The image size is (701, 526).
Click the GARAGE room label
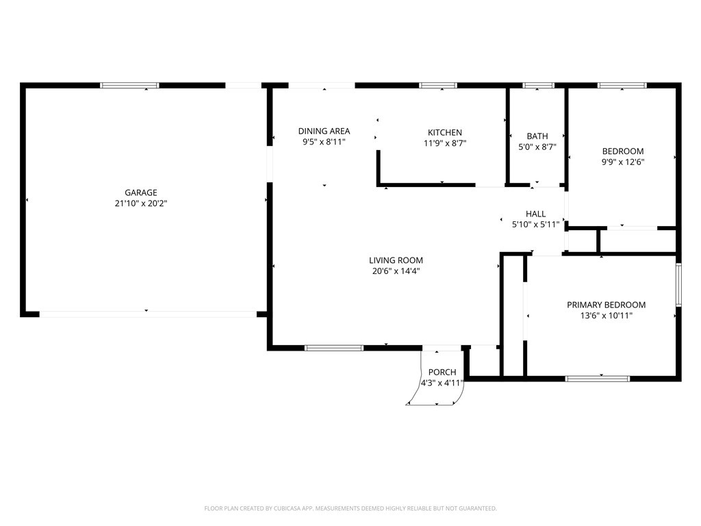pos(141,192)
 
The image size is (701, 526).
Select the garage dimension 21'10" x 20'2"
pos(141,203)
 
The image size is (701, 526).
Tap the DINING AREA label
pos(324,131)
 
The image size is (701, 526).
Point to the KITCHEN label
pos(445,132)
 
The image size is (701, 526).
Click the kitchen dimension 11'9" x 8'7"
pos(445,143)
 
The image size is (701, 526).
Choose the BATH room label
pos(537,136)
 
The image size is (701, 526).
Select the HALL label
pos(535,214)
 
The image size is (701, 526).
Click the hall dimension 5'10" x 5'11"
pos(535,225)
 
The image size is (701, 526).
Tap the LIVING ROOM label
pos(396,260)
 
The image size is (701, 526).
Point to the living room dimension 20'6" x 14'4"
pos(396,271)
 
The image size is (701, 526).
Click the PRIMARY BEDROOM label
pos(607,305)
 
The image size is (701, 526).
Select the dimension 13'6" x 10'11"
pos(607,316)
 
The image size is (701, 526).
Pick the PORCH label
pos(442,372)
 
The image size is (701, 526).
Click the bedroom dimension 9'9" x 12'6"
pos(623,162)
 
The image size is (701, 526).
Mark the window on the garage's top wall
pos(129,86)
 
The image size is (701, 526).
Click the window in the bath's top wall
pos(538,86)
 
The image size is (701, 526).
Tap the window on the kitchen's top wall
pos(438,86)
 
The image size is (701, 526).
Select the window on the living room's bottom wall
pos(334,348)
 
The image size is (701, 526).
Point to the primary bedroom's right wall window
pos(678,285)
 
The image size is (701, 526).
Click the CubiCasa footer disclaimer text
pos(350,509)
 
